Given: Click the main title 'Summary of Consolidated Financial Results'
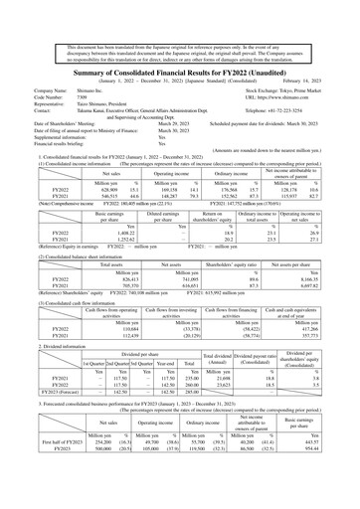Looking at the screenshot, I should tap(179, 46).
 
